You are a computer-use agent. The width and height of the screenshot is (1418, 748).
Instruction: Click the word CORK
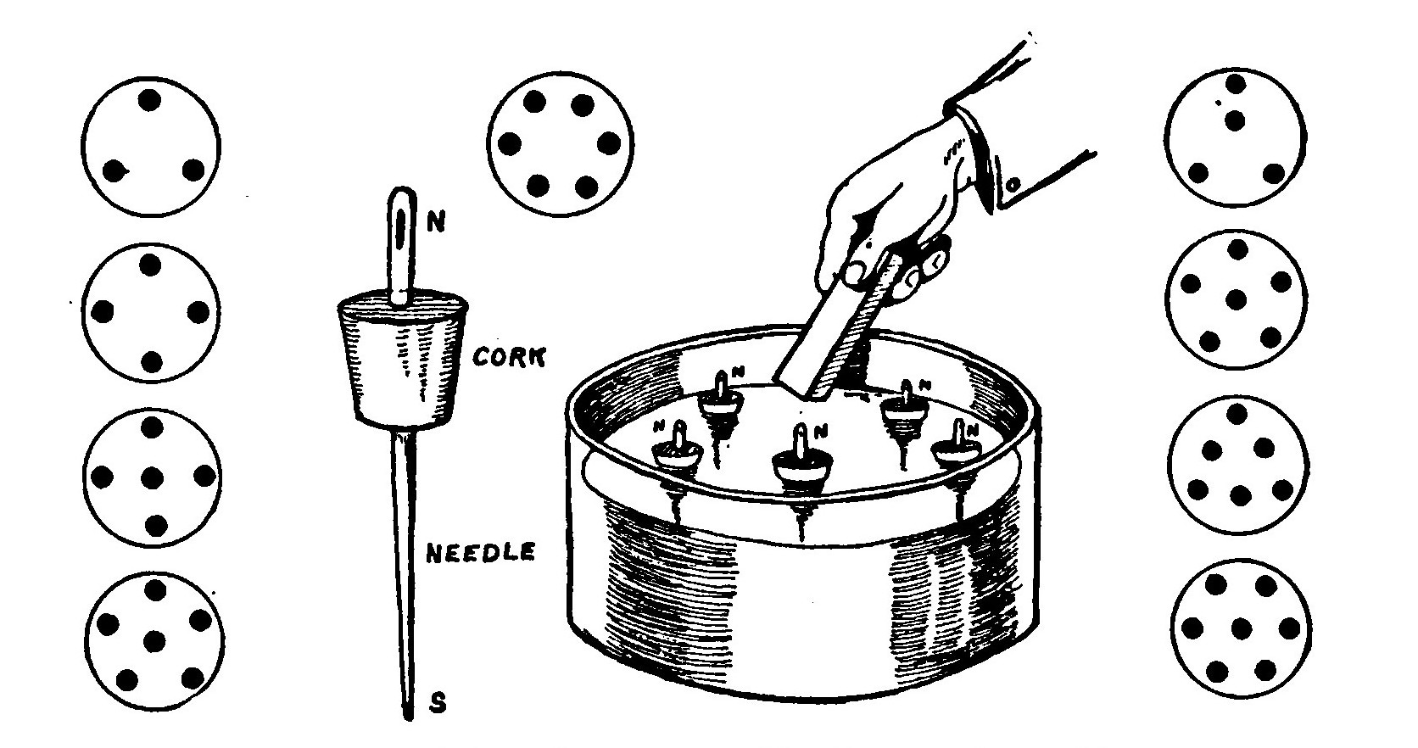coord(508,356)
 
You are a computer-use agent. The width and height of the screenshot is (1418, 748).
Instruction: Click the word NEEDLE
coord(480,553)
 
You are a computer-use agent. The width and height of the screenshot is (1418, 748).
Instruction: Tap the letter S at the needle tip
coord(438,704)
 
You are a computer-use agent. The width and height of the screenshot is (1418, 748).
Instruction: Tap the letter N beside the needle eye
coord(435,222)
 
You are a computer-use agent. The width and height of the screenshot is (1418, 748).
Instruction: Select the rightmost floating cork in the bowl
coord(956,450)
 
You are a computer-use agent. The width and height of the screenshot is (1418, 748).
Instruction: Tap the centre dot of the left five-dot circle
coord(153,479)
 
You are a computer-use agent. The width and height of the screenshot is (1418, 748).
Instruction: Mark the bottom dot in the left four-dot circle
coord(152,363)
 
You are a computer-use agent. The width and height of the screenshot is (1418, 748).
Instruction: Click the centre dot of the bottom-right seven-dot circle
coord(1241,628)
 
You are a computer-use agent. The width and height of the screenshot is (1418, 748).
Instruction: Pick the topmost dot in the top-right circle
coord(1235,84)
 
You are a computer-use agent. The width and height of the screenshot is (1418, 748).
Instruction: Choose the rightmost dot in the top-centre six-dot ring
coord(607,143)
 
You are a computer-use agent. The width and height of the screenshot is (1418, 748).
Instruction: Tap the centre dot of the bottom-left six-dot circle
coord(154,641)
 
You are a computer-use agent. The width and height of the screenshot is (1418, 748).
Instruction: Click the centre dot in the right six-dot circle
coord(1237,299)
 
